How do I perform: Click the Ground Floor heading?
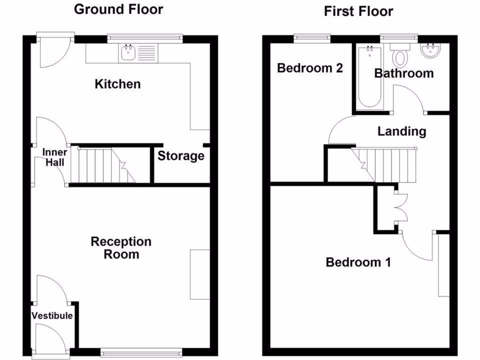(119, 9)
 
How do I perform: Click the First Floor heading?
(358, 11)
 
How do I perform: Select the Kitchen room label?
(118, 84)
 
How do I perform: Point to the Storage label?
(180, 156)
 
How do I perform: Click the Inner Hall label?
(55, 157)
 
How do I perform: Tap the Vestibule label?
(52, 315)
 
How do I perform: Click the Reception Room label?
(121, 248)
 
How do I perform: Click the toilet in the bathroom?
(400, 55)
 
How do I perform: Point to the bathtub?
(369, 77)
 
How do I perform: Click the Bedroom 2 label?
(310, 68)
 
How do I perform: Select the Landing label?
(402, 132)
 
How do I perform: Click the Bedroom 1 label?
(358, 262)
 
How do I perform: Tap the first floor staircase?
(387, 164)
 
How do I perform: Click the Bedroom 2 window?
(312, 37)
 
